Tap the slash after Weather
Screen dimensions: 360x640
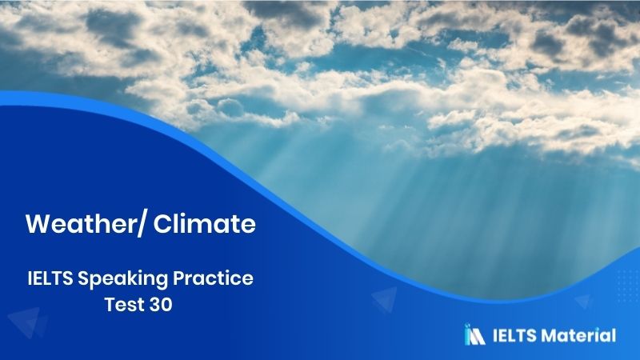click(x=142, y=225)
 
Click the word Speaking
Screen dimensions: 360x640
click(x=122, y=281)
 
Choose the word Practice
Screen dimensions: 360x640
click(x=214, y=279)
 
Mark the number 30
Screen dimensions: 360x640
click(x=158, y=305)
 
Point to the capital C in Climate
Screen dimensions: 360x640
click(x=164, y=225)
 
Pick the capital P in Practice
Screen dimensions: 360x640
click(x=179, y=279)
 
